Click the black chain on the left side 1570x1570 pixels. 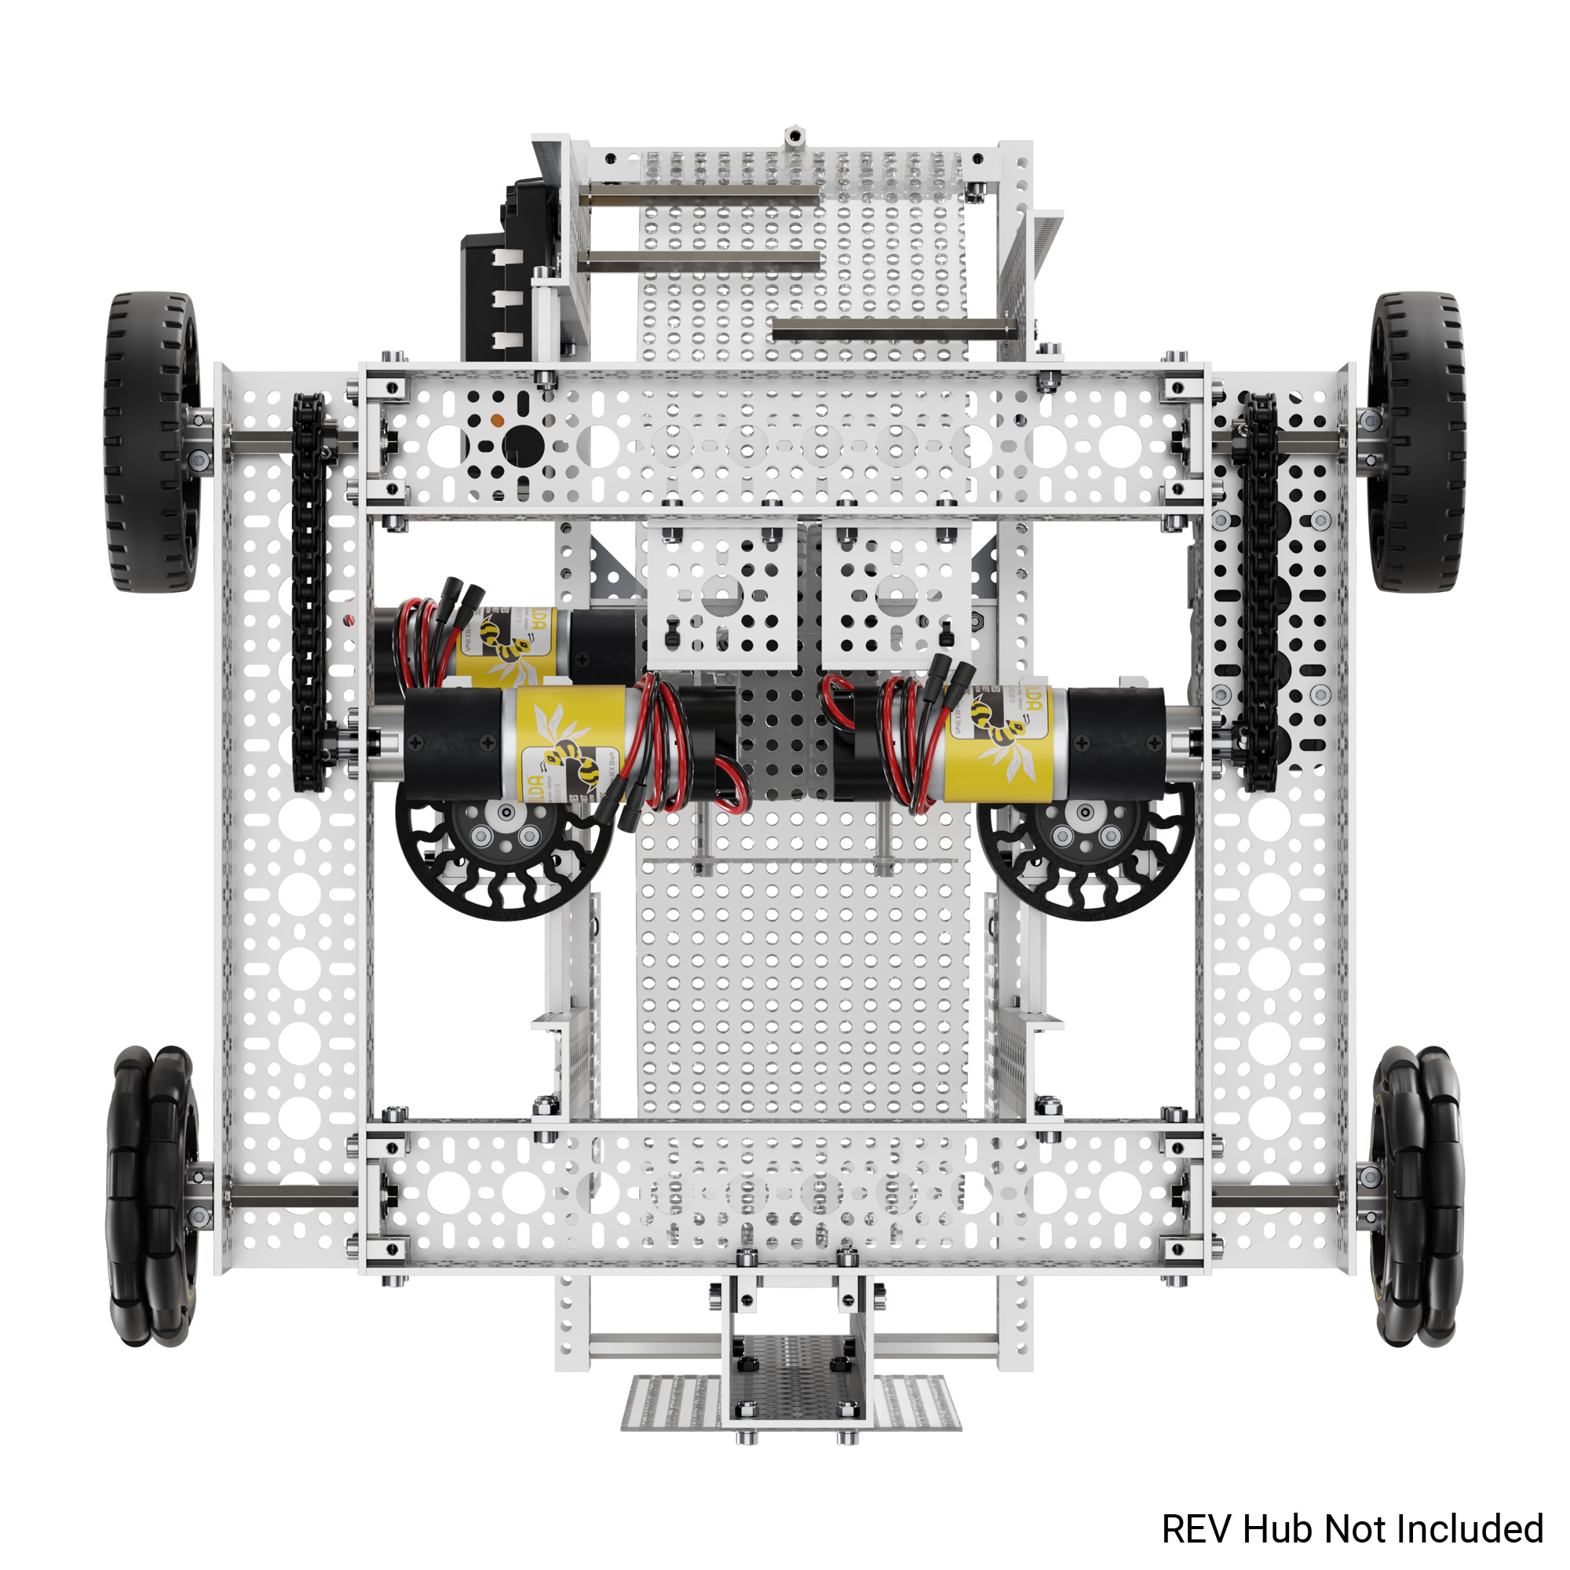point(309,593)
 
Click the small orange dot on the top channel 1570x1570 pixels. point(497,420)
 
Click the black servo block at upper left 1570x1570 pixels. point(495,284)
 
